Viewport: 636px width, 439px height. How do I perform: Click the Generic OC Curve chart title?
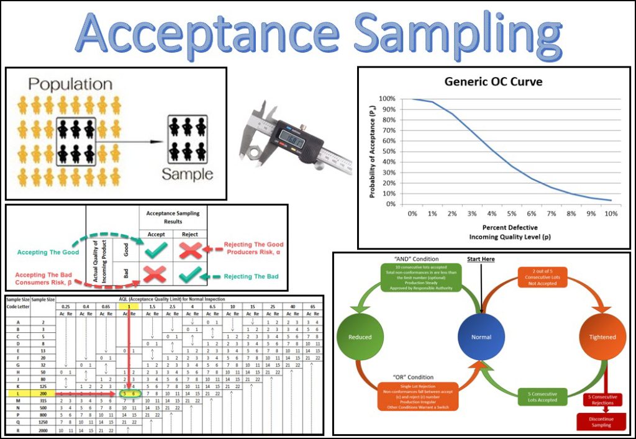pyautogui.click(x=494, y=81)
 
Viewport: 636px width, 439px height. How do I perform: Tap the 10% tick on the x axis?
pyautogui.click(x=611, y=214)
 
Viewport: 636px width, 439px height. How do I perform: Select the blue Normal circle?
pyautogui.click(x=481, y=337)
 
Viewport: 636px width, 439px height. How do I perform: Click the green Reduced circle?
pyautogui.click(x=360, y=337)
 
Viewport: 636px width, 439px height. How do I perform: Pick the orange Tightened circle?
pyautogui.click(x=600, y=337)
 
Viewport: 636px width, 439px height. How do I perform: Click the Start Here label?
pyautogui.click(x=481, y=259)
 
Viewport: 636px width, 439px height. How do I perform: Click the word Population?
pyautogui.click(x=70, y=84)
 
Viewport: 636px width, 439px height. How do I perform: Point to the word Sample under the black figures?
pyautogui.click(x=187, y=174)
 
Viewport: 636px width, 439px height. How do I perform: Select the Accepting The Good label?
pyautogui.click(x=48, y=253)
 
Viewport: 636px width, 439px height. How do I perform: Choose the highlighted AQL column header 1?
pyautogui.click(x=125, y=307)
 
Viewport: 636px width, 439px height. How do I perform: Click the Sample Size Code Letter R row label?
pyautogui.click(x=17, y=430)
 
